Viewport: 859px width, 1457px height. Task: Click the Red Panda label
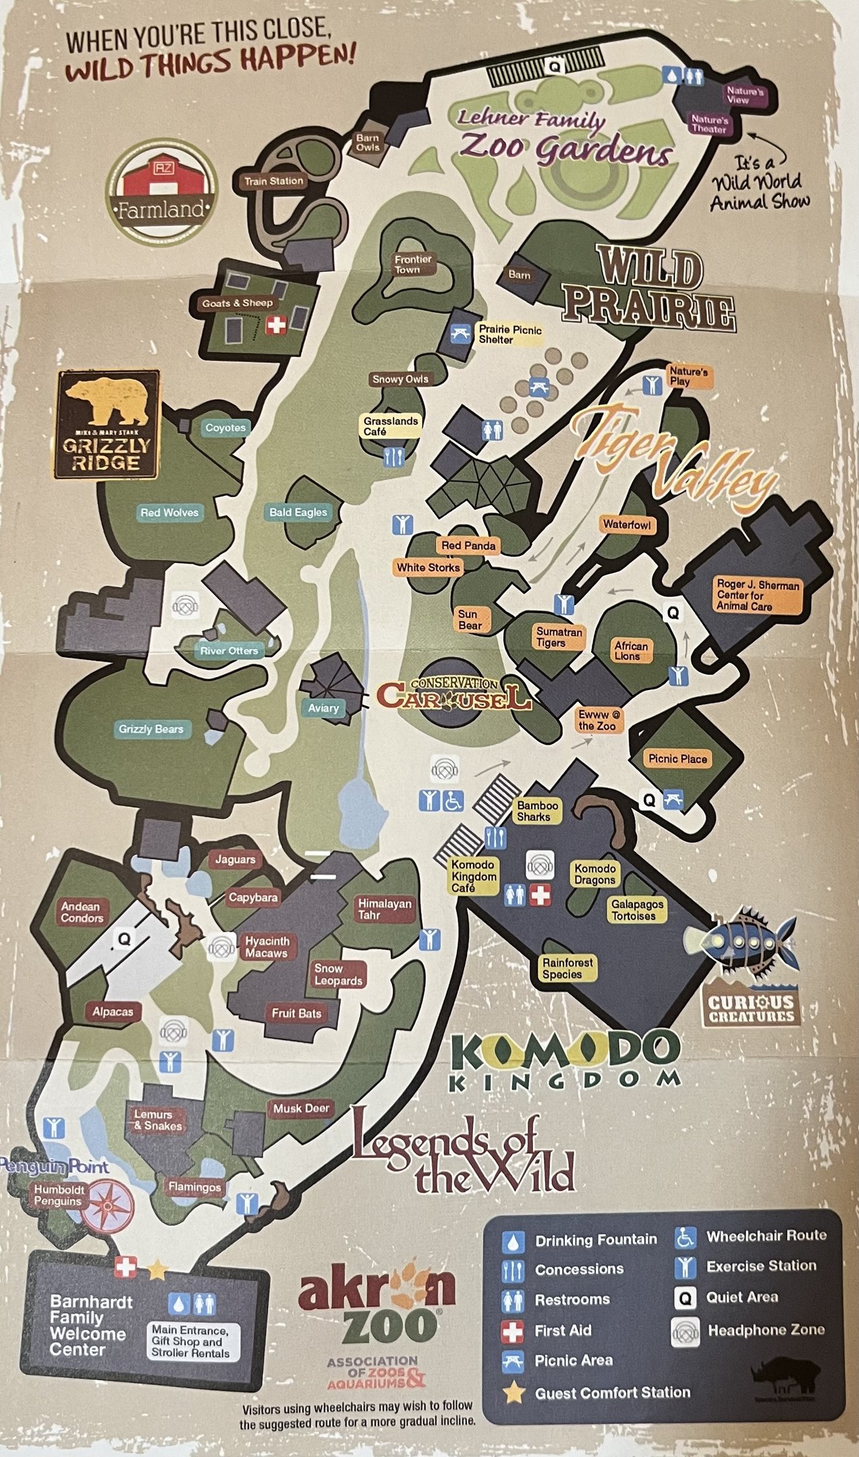[468, 545]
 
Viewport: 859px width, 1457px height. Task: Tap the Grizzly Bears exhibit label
[151, 729]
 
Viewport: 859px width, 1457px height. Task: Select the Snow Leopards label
[338, 974]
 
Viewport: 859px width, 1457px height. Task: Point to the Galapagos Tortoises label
[638, 910]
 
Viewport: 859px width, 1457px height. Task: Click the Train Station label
[274, 181]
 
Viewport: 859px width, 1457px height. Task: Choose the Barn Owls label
[368, 142]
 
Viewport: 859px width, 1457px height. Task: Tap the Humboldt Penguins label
[59, 1195]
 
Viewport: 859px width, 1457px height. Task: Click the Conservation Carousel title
[453, 694]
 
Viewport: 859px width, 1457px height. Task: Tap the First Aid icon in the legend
[513, 1331]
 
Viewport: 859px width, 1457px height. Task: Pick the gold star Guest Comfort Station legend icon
[513, 1392]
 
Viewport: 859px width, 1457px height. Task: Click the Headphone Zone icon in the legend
[685, 1331]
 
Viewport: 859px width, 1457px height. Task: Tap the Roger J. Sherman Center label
[758, 595]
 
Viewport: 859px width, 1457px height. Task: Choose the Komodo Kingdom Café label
[474, 876]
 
